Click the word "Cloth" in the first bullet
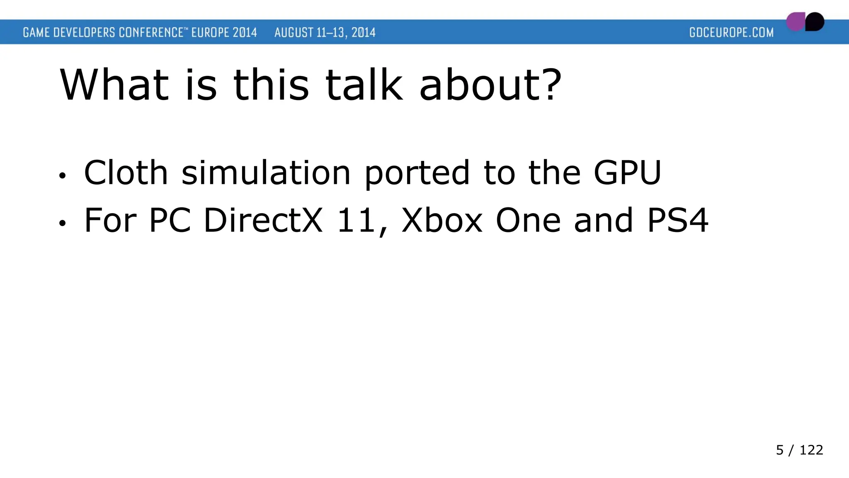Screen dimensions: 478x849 click(126, 173)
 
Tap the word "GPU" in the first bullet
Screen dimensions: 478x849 click(627, 173)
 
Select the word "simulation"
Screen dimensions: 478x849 click(266, 173)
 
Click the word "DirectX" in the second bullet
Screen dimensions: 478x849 click(263, 220)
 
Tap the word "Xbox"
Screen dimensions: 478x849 click(442, 220)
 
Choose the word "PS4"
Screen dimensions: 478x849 click(678, 220)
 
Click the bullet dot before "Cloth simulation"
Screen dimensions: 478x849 click(62, 176)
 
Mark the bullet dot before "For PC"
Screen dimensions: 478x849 click(62, 224)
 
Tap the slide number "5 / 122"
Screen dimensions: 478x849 click(799, 450)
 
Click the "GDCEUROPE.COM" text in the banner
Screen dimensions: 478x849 click(731, 32)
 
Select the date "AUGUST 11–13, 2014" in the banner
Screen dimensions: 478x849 click(325, 32)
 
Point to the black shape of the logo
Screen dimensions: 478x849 click(815, 22)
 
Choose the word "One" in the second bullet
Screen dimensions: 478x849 click(528, 220)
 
